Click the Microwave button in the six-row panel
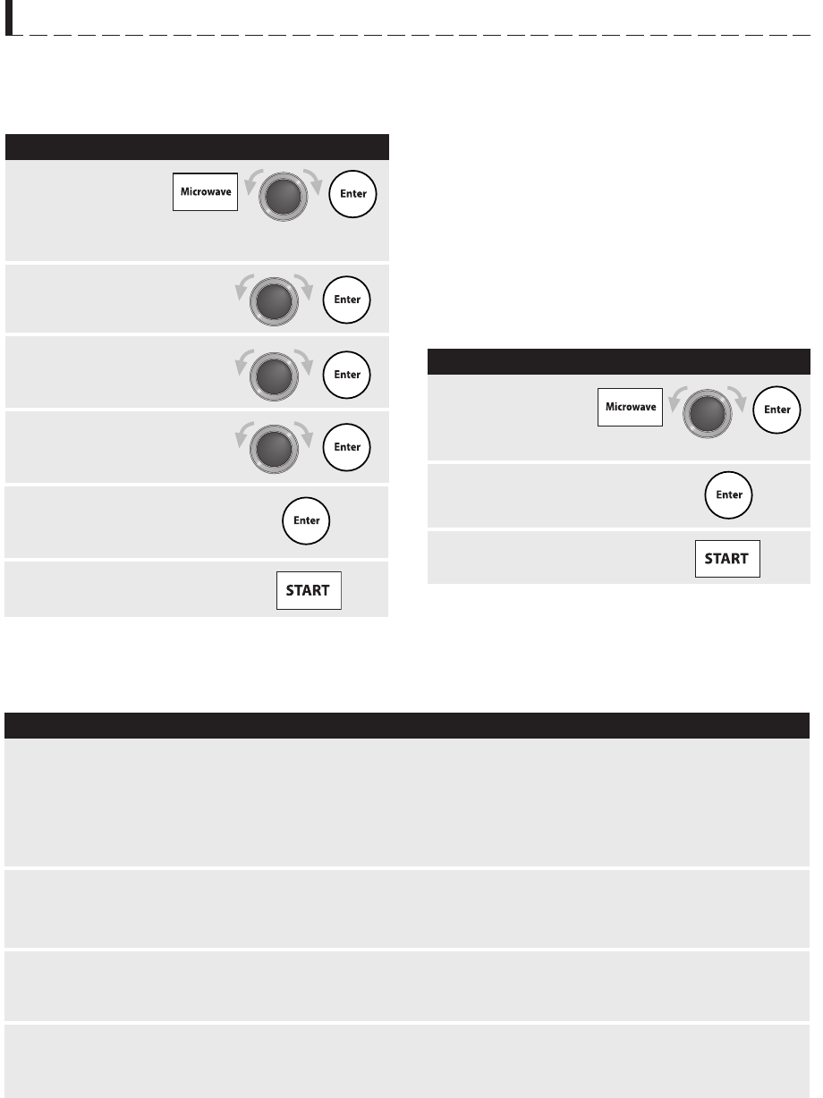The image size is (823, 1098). tap(205, 192)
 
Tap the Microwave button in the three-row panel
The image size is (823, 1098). tap(630, 407)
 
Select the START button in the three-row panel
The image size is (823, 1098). tap(727, 559)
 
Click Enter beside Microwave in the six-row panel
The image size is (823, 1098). tap(352, 194)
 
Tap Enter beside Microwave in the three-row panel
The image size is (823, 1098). tap(776, 410)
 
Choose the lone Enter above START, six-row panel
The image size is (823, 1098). tap(306, 520)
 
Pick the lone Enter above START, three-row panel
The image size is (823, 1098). tap(728, 494)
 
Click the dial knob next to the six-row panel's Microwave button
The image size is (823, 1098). tap(284, 197)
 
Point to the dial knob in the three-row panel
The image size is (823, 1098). tap(708, 414)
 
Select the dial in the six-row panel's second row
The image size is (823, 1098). tap(274, 302)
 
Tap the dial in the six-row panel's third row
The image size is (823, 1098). tap(274, 376)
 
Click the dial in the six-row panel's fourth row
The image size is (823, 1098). tap(274, 449)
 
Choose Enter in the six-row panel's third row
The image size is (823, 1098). tap(347, 375)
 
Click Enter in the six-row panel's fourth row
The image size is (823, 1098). tap(347, 447)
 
